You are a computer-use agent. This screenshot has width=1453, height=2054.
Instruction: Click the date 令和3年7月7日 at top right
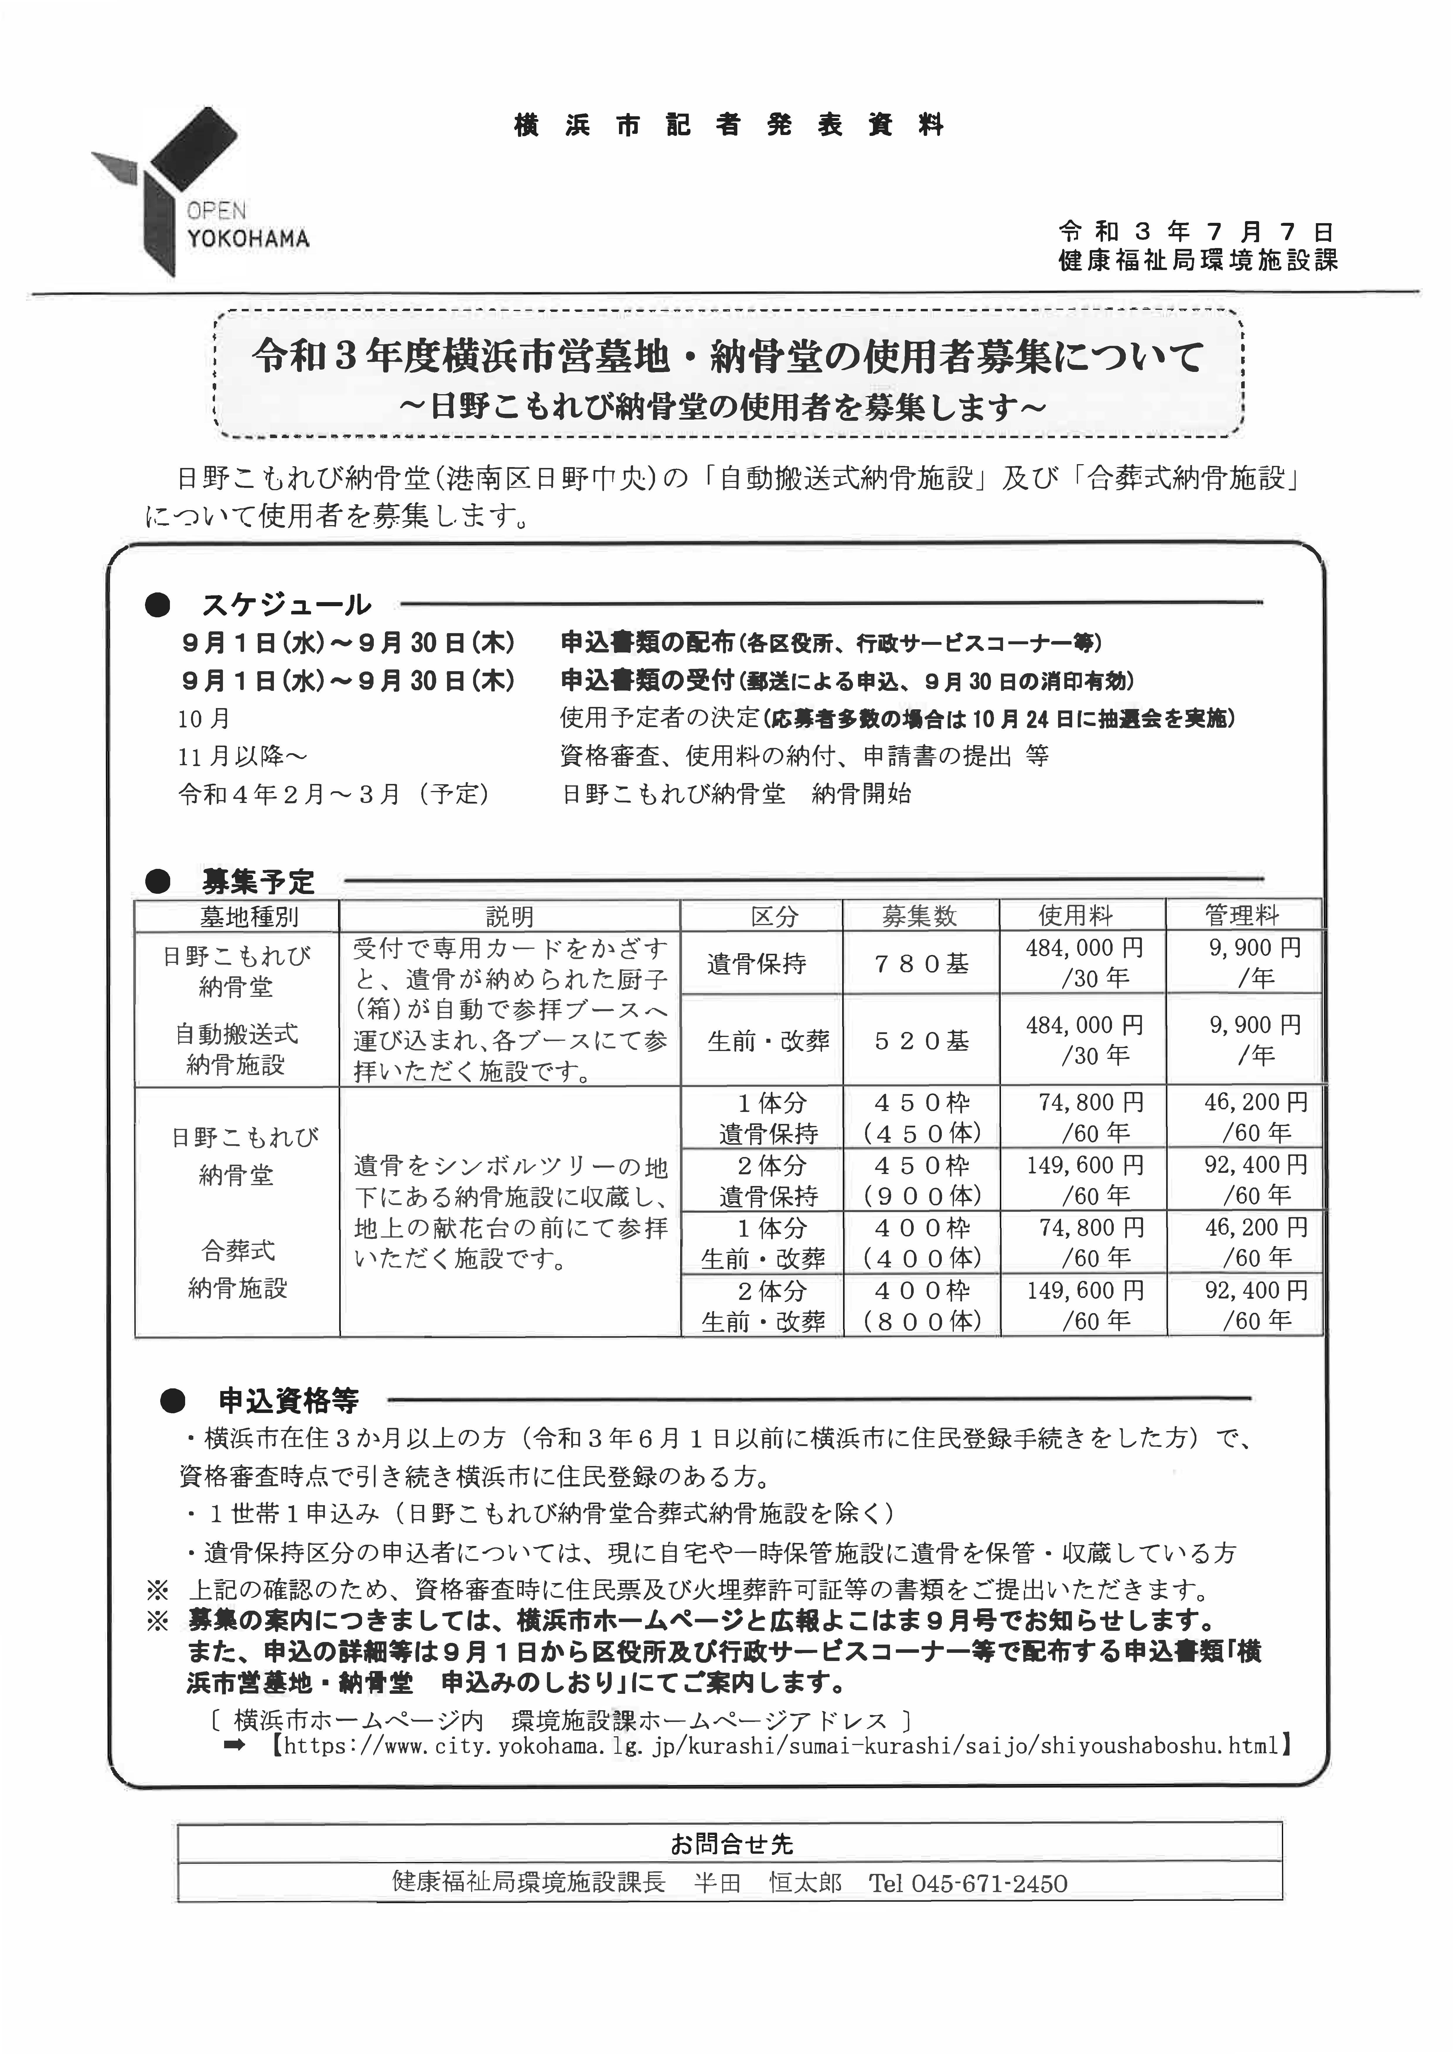(1196, 232)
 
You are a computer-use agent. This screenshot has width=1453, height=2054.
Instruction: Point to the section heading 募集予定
(258, 882)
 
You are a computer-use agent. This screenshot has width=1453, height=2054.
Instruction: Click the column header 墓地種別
(236, 916)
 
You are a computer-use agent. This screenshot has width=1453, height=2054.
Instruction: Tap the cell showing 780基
(921, 963)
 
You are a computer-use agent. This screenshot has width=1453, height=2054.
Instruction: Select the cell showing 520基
(921, 1040)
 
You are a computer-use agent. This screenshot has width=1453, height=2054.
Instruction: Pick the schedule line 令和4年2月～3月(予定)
(334, 794)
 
